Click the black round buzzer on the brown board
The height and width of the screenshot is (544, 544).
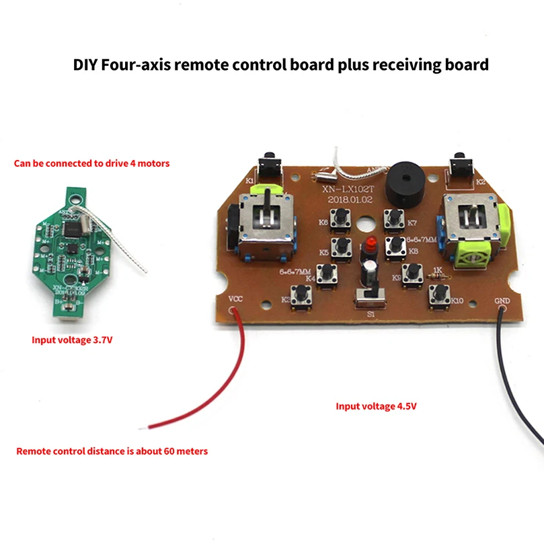coord(401,180)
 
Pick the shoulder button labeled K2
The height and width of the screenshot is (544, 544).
coord(460,163)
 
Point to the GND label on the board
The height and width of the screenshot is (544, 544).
coord(502,300)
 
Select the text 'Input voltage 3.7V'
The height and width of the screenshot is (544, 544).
coord(72,340)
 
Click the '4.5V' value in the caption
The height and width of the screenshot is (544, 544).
coord(415,406)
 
